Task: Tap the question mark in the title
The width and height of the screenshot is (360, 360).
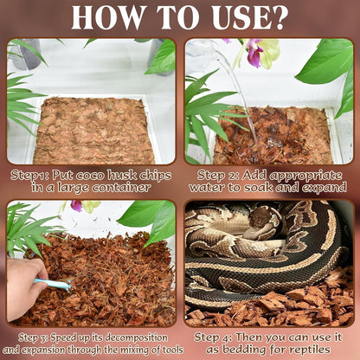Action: (x=279, y=18)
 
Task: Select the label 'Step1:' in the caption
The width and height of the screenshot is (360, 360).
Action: (x=31, y=174)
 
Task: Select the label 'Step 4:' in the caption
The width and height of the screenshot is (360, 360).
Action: (x=213, y=336)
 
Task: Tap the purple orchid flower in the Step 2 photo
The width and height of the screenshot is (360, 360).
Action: (x=254, y=54)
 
